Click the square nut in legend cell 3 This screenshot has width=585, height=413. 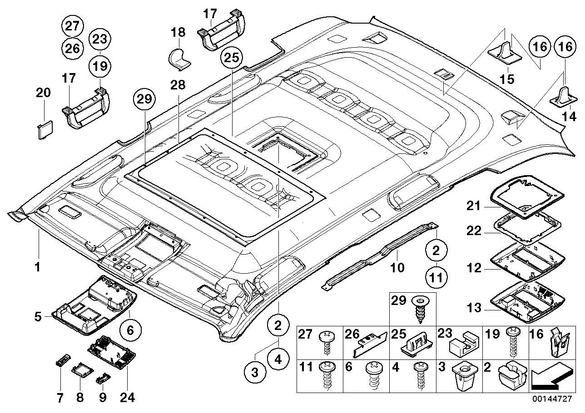(463, 376)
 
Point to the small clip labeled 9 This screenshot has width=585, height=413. (102, 378)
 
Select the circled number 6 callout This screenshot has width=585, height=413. (130, 331)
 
